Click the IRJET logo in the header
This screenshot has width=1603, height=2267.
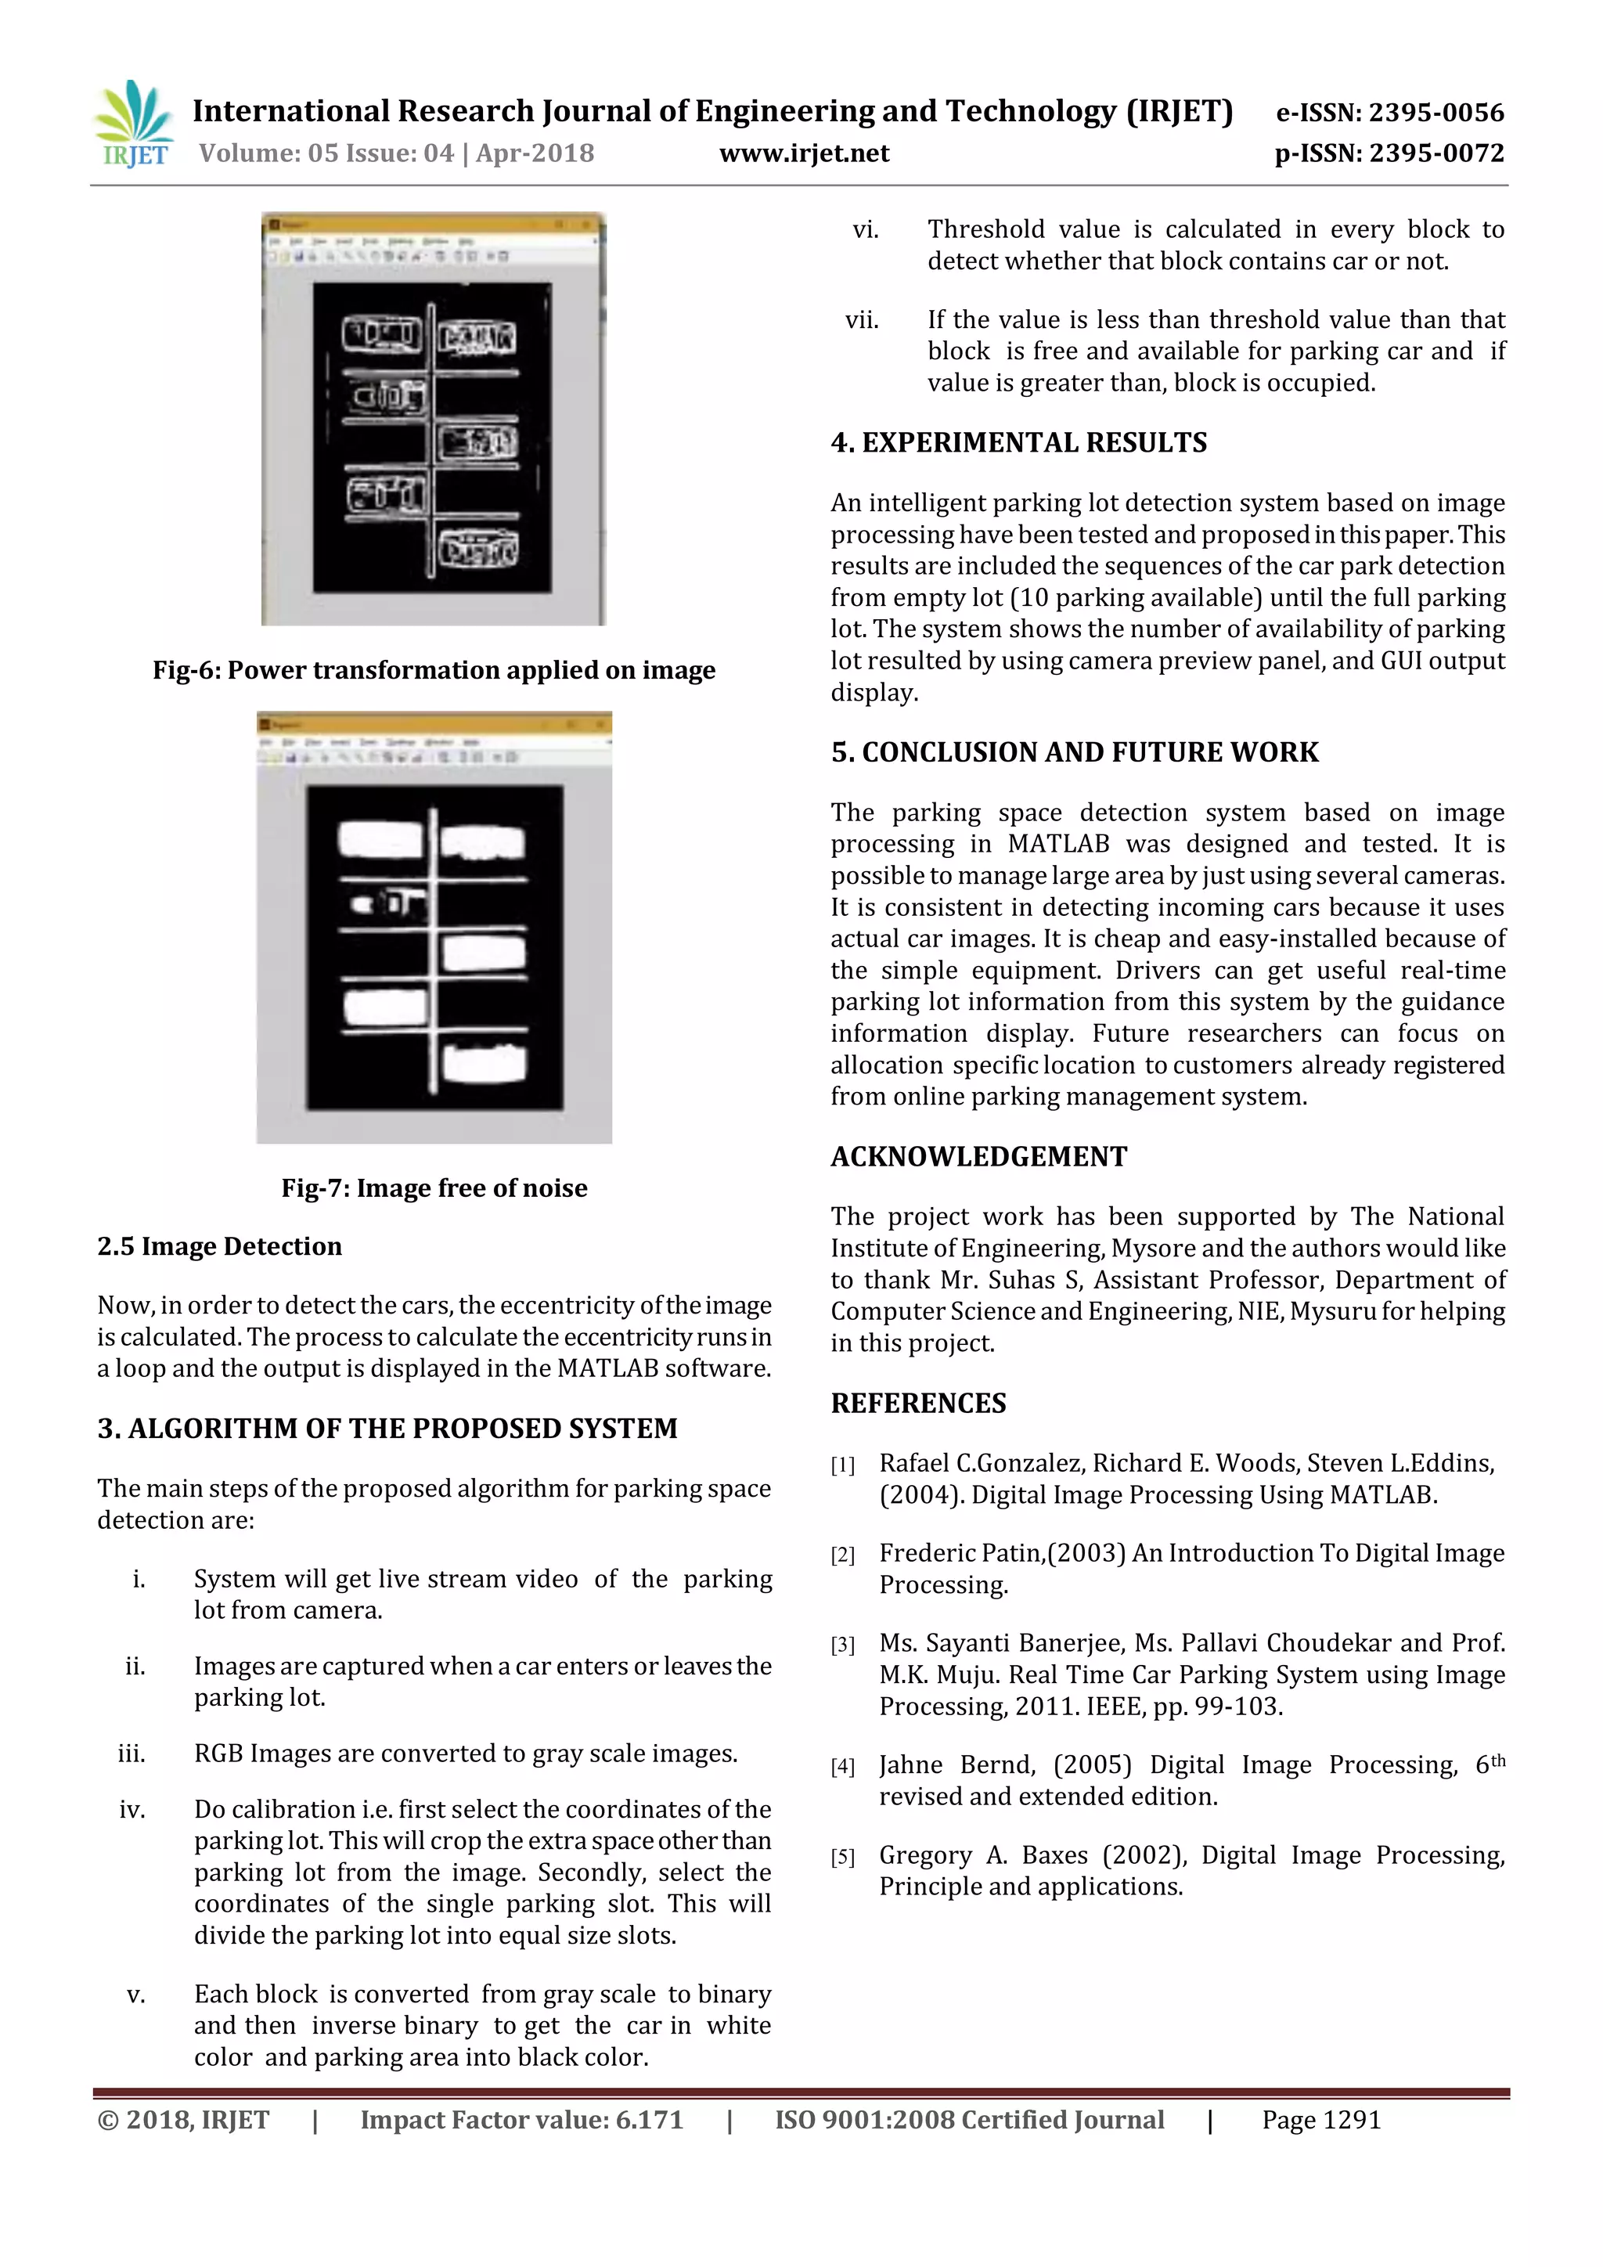[133, 124]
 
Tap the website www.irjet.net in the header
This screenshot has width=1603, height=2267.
[804, 153]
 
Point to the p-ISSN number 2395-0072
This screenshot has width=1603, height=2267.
[1436, 153]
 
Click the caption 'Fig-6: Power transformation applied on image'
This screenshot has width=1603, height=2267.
[434, 670]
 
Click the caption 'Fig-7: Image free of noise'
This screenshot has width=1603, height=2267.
[434, 1188]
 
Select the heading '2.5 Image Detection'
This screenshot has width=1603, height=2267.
[219, 1246]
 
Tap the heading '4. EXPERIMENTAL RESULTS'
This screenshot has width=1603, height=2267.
[1018, 442]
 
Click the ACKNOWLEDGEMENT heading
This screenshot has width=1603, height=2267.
[978, 1156]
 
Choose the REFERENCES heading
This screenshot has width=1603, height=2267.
[918, 1403]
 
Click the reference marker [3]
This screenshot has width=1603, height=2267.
[842, 1645]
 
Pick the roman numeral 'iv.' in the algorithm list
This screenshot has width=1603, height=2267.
[132, 1810]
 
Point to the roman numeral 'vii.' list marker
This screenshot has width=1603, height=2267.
[861, 320]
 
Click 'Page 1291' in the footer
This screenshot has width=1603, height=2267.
[1320, 2120]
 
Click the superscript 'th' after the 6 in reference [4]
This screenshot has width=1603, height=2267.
[1497, 1760]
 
